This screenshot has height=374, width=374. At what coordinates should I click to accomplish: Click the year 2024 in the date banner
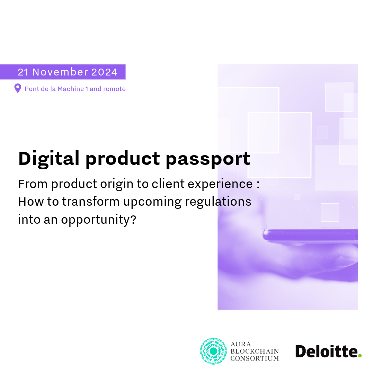104,72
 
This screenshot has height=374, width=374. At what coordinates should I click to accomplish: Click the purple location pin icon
18,88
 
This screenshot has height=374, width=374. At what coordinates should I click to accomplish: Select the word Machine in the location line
71,89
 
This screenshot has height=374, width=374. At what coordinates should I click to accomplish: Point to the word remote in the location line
115,89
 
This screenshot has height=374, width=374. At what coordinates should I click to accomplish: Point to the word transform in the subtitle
91,202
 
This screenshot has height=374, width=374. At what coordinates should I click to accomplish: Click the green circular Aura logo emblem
213,351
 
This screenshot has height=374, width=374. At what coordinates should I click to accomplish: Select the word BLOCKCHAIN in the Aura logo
255,351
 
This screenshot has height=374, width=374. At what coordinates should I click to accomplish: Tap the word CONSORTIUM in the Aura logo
255,358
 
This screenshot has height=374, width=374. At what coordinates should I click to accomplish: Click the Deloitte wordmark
327,351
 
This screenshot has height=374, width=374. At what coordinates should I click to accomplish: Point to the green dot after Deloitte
360,356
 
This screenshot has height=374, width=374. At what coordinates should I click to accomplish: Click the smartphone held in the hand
310,236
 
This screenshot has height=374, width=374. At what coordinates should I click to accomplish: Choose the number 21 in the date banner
23,72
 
